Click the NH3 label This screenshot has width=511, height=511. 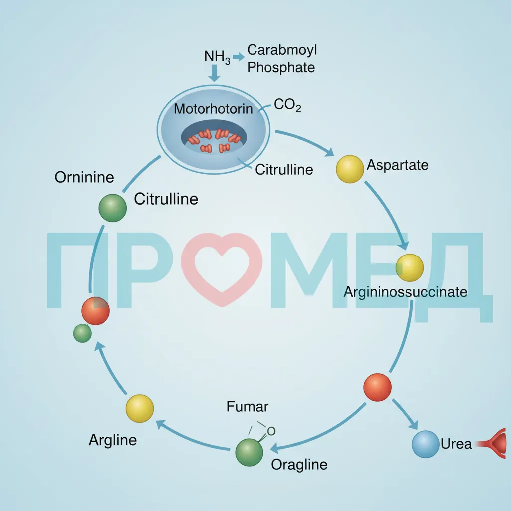click(x=217, y=57)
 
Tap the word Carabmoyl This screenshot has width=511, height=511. click(x=282, y=50)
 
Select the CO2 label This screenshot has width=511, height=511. click(x=287, y=105)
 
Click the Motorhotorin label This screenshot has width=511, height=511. click(x=213, y=109)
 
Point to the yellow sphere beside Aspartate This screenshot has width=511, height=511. click(x=350, y=169)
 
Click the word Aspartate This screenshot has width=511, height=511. click(x=397, y=165)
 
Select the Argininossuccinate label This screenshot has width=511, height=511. click(x=405, y=292)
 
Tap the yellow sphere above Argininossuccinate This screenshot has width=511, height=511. click(x=410, y=267)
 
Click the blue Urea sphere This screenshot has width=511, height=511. click(x=425, y=444)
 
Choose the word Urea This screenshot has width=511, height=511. click(x=456, y=444)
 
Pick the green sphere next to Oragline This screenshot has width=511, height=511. click(x=250, y=452)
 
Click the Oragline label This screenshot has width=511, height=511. click(x=299, y=465)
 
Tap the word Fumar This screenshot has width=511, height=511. click(x=248, y=406)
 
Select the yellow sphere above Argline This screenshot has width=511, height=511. click(x=140, y=408)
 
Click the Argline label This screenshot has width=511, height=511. click(x=113, y=440)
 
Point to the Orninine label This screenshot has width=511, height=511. click(x=84, y=177)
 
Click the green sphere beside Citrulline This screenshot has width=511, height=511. click(x=112, y=208)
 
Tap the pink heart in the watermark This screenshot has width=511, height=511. click(x=222, y=269)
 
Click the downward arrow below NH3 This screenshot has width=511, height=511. click(x=214, y=73)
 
